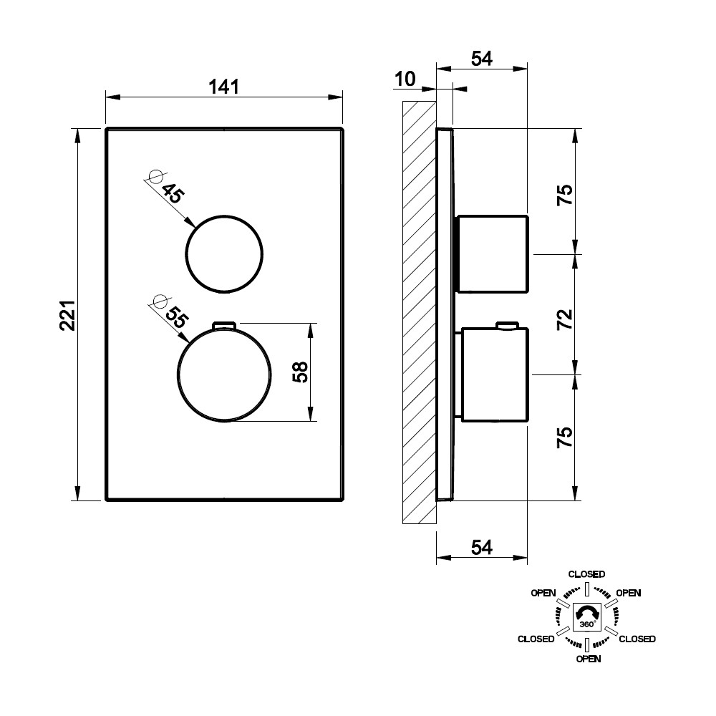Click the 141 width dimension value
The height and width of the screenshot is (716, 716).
point(223,87)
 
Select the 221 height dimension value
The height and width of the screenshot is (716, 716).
point(67,315)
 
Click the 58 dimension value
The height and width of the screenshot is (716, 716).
point(300,372)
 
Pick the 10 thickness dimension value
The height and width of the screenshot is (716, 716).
point(405,79)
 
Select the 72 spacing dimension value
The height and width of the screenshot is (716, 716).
point(564,319)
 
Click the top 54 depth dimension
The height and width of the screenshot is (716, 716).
point(482,59)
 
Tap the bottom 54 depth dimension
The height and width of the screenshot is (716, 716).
point(482,547)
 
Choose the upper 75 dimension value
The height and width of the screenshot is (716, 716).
point(564,195)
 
